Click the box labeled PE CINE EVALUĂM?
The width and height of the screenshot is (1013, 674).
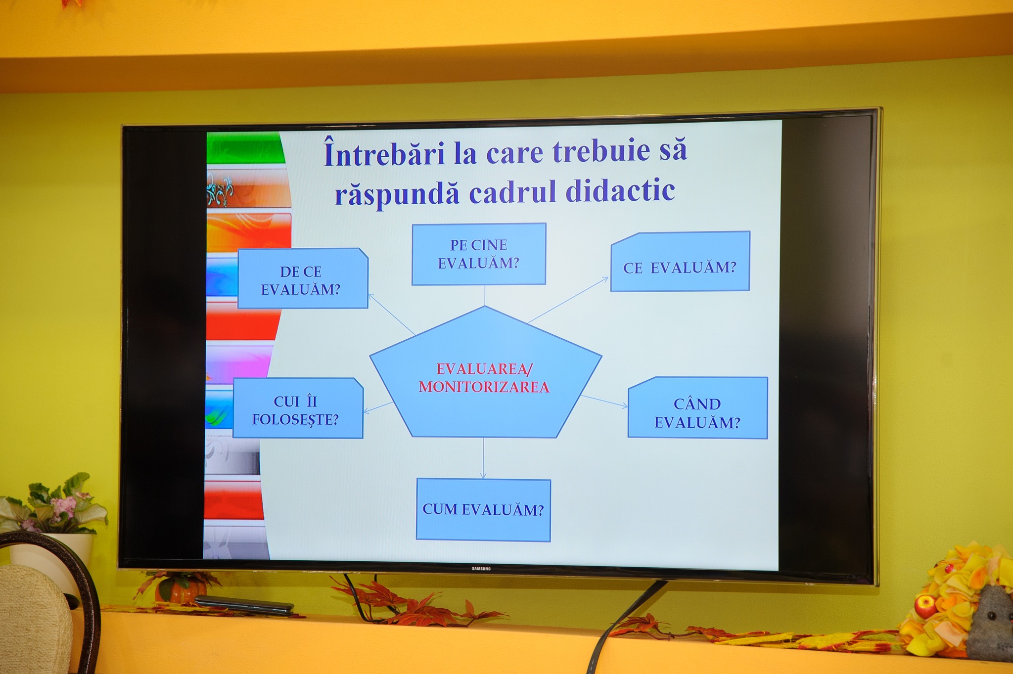pyautogui.click(x=479, y=254)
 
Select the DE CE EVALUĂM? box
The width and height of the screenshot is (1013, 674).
pyautogui.click(x=303, y=279)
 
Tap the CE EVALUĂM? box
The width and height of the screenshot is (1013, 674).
pyautogui.click(x=680, y=262)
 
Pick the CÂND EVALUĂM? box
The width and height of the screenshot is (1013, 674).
pyautogui.click(x=698, y=408)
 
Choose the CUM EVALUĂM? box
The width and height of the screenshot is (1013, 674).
pyautogui.click(x=483, y=510)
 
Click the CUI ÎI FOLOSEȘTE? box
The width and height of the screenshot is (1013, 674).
pyautogui.click(x=298, y=408)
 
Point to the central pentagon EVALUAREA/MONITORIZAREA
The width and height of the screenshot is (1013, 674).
pyautogui.click(x=485, y=376)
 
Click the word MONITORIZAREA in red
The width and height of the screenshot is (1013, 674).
pyautogui.click(x=484, y=387)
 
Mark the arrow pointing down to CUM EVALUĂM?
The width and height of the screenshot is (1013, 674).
pyautogui.click(x=483, y=458)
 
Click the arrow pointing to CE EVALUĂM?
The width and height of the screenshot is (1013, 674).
pyautogui.click(x=568, y=300)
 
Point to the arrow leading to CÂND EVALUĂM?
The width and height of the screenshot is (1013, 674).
pyautogui.click(x=604, y=402)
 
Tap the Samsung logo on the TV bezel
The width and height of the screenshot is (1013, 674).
pyautogui.click(x=481, y=569)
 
